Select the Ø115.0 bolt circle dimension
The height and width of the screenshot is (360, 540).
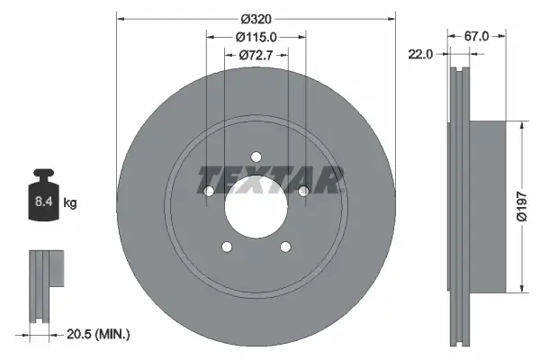(256, 37)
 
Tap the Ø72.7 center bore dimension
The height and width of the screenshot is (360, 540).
(256, 56)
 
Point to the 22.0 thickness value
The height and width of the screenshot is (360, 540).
(420, 54)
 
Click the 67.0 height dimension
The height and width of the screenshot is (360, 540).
(476, 36)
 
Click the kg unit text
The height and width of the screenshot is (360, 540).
(70, 204)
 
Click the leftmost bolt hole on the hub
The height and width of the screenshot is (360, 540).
(208, 191)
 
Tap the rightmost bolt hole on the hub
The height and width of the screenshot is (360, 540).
(303, 191)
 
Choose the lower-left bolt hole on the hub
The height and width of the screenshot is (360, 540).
(226, 247)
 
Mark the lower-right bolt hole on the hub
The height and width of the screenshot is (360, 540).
(285, 247)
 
